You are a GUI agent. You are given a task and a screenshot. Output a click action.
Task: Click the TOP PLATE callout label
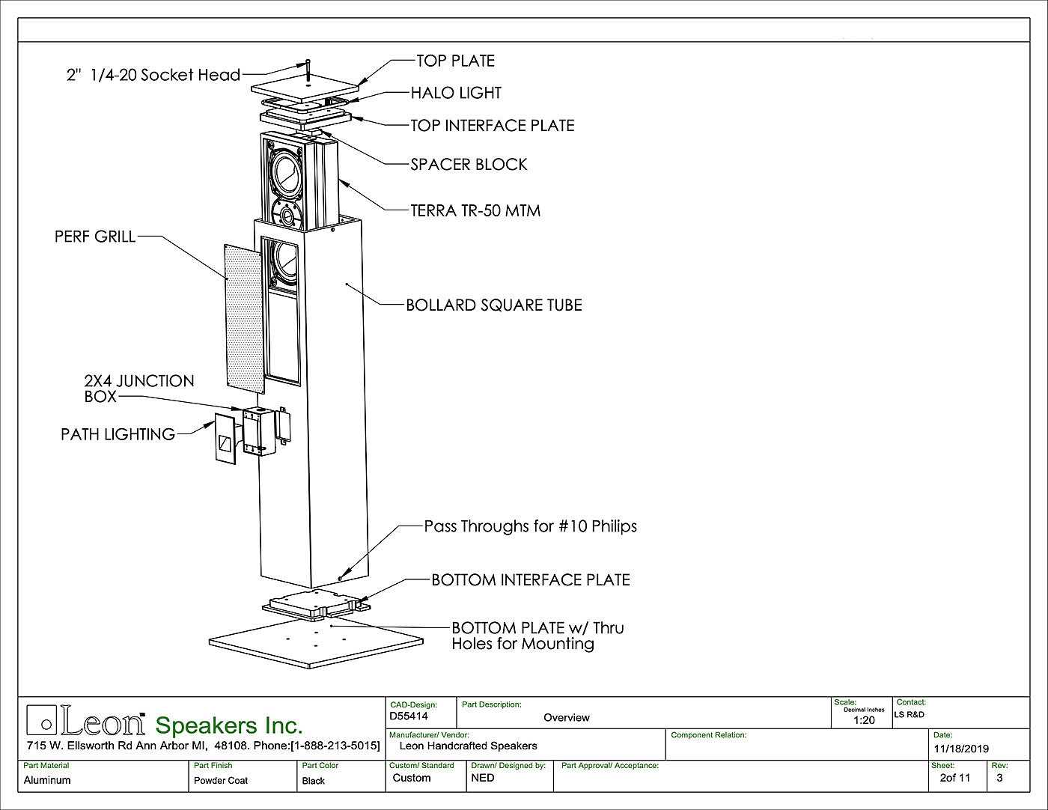coord(455,61)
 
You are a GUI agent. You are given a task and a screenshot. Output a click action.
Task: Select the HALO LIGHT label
coord(455,93)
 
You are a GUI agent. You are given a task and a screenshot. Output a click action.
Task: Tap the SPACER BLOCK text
coord(469,165)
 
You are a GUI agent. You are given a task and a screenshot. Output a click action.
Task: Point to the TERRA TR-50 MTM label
coord(475,210)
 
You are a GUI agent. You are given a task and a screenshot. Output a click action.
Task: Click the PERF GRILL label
coord(95,237)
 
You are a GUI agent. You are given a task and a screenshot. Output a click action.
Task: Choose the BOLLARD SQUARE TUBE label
coord(493,305)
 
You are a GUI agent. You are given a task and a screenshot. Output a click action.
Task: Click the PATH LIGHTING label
coord(118,434)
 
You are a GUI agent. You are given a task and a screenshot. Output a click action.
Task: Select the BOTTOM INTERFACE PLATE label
coord(530,580)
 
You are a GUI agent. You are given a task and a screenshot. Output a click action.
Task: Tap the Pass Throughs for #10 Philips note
coord(530,526)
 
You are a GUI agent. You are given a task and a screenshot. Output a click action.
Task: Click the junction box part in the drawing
coord(255,430)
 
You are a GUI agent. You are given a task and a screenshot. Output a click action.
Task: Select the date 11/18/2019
coord(961,749)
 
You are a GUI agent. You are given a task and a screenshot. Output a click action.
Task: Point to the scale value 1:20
coord(864,720)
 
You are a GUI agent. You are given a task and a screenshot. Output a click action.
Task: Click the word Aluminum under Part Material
coord(47,780)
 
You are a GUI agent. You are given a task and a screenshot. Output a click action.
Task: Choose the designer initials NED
coord(483,778)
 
